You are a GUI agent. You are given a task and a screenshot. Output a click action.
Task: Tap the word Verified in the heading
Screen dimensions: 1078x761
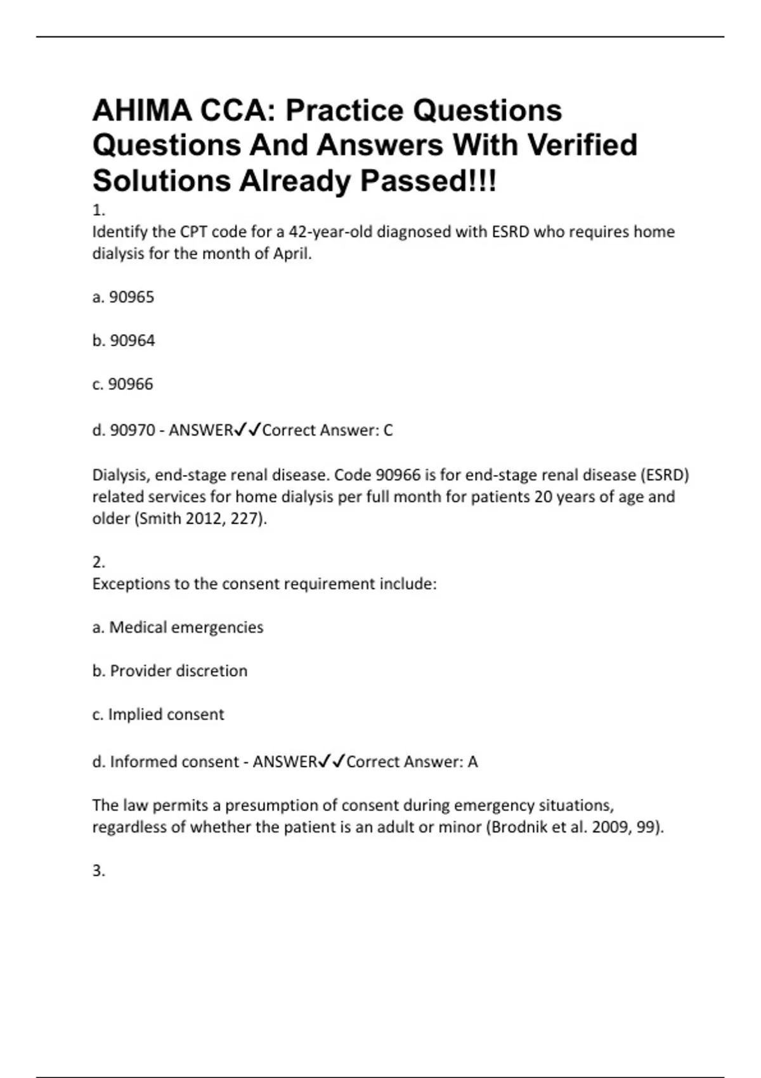[x=582, y=145]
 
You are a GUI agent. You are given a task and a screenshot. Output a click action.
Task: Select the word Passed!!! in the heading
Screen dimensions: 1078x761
[x=429, y=181]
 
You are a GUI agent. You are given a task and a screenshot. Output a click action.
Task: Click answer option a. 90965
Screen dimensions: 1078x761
[x=124, y=297]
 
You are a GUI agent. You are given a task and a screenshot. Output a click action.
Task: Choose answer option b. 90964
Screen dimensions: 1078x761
[x=124, y=341]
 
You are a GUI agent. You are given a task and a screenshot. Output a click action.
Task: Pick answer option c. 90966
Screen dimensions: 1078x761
[x=123, y=384]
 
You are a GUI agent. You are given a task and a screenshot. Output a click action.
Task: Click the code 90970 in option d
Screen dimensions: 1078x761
[x=133, y=431]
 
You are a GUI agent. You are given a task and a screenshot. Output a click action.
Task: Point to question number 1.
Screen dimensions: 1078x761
[x=98, y=210]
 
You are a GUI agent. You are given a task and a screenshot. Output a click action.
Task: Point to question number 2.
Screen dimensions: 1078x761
[x=98, y=562]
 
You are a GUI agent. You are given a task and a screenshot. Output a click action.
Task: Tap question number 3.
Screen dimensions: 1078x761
[x=98, y=871]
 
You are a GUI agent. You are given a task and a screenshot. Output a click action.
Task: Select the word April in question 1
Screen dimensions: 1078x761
[x=292, y=254]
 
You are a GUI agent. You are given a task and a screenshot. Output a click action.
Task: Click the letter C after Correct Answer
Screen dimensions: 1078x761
[x=388, y=431]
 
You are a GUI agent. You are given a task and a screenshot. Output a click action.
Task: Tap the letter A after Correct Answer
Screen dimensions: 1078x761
[x=472, y=762]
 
